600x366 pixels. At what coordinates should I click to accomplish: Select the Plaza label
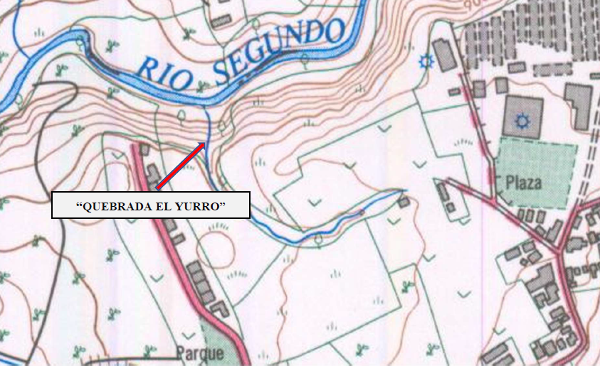[x=523, y=183]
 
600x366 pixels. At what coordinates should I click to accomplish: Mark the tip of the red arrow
[x=205, y=144]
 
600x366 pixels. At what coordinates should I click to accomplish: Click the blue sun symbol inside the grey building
[x=523, y=121]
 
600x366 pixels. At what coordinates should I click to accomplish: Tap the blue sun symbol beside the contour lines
[x=426, y=61]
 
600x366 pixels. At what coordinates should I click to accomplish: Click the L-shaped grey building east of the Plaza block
[x=578, y=105]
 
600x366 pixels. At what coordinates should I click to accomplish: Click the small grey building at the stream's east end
[x=404, y=203]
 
